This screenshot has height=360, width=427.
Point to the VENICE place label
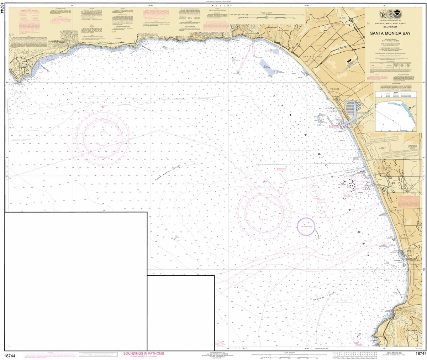coord(334,89)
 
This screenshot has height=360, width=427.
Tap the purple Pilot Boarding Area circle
coord(306,226)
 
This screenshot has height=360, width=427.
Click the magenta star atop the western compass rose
coord(103,107)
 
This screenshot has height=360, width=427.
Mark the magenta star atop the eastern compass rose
coord(264,182)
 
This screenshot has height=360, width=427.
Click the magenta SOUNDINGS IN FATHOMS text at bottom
coord(143,353)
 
